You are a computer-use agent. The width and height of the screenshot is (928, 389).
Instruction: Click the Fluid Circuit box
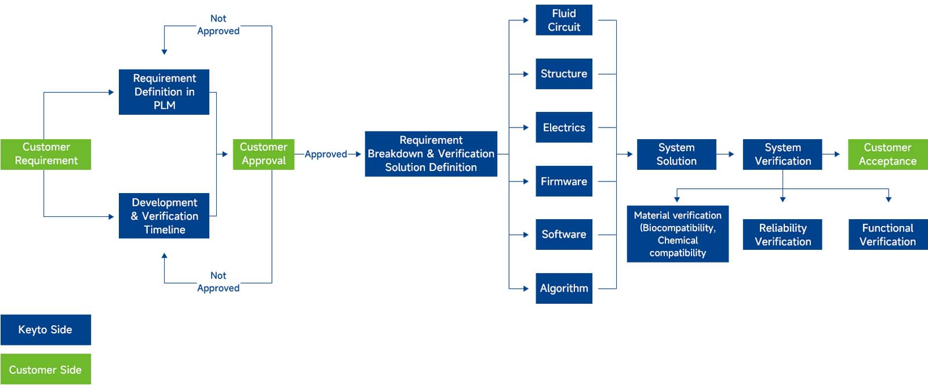[x=563, y=20]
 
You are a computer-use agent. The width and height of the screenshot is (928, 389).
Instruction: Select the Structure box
[x=563, y=74]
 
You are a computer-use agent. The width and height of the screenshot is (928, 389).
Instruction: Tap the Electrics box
[x=563, y=128]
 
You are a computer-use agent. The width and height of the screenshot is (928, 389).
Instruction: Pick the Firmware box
[x=563, y=181]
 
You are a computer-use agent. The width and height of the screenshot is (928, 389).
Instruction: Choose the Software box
[x=563, y=234]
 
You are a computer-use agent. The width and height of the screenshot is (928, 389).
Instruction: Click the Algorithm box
[x=563, y=288]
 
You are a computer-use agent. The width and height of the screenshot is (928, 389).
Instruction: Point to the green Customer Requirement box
[x=46, y=154]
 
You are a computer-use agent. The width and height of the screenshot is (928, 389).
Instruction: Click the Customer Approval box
[x=263, y=154]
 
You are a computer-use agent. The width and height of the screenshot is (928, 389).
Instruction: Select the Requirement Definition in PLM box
[x=164, y=92]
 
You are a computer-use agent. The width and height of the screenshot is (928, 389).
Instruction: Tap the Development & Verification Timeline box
[x=164, y=216]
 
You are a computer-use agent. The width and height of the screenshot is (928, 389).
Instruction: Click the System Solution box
[x=676, y=154]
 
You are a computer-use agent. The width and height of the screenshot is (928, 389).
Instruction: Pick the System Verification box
[x=782, y=154]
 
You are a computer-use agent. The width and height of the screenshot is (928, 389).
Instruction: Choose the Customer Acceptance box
[x=887, y=154]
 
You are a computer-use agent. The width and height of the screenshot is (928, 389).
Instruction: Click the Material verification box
[x=677, y=234]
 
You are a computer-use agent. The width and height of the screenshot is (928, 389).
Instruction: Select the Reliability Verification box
[x=782, y=234]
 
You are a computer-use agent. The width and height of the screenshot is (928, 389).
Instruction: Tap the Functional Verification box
[x=887, y=234]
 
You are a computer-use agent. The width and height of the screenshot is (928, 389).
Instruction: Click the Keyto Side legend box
[x=46, y=330]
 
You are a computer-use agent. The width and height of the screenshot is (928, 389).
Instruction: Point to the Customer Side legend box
[x=46, y=369]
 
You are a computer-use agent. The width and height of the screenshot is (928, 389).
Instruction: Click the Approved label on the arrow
[x=326, y=154]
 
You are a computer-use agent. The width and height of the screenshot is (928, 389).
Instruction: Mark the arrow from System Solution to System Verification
[x=726, y=154]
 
